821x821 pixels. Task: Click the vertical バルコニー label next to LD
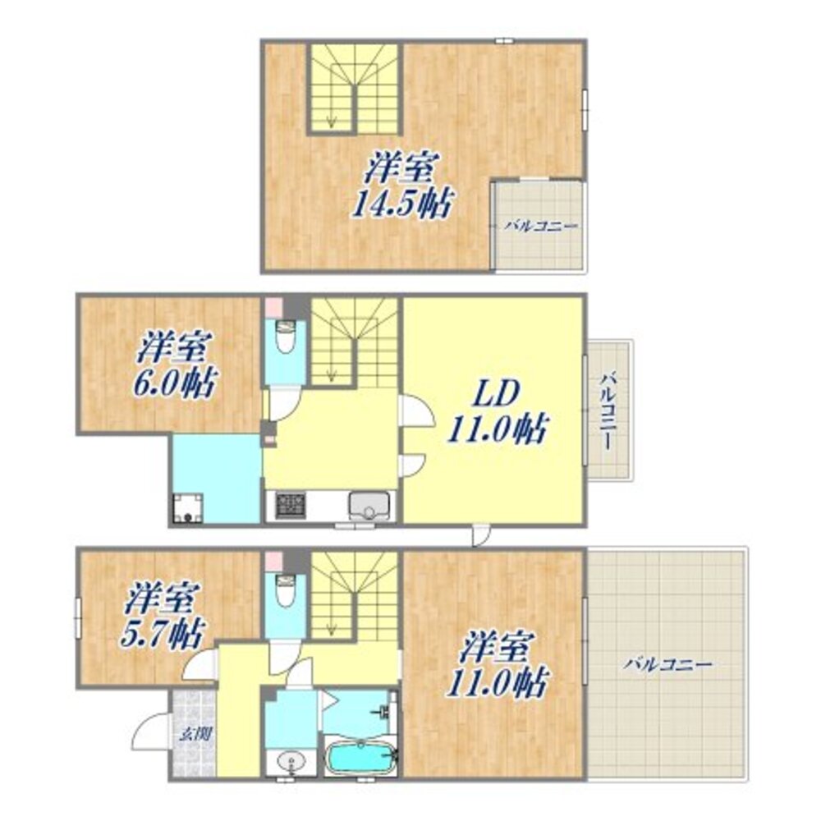click(x=608, y=410)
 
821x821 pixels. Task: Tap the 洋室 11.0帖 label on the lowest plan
click(x=493, y=663)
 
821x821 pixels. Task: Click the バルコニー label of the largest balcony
click(x=667, y=663)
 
